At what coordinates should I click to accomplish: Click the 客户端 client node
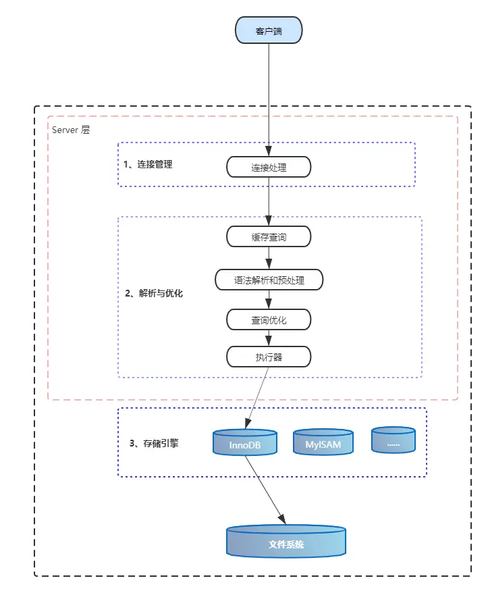pyautogui.click(x=269, y=31)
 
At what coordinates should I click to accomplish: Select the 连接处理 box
pyautogui.click(x=269, y=167)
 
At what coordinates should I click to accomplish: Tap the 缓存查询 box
pyautogui.click(x=269, y=236)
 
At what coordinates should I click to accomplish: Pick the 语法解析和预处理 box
pyautogui.click(x=269, y=280)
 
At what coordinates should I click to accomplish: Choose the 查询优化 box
pyautogui.click(x=269, y=319)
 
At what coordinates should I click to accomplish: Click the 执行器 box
pyautogui.click(x=269, y=357)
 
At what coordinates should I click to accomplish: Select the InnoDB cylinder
pyautogui.click(x=245, y=442)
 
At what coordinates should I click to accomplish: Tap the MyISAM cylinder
pyautogui.click(x=323, y=442)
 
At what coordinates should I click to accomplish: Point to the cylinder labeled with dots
pyautogui.click(x=393, y=440)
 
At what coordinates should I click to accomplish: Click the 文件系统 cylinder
pyautogui.click(x=286, y=542)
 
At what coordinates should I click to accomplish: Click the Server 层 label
pyautogui.click(x=71, y=130)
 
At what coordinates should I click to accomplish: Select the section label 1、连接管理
pyautogui.click(x=148, y=164)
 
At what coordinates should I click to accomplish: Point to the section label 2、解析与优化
pyautogui.click(x=154, y=294)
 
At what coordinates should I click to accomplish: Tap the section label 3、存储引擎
pyautogui.click(x=154, y=444)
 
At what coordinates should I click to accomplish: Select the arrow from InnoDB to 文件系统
pyautogui.click(x=265, y=490)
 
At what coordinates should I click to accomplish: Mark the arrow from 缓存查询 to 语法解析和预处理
pyautogui.click(x=269, y=258)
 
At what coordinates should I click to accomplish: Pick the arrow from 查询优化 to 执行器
pyautogui.click(x=269, y=338)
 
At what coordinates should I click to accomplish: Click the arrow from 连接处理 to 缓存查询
pyautogui.click(x=269, y=201)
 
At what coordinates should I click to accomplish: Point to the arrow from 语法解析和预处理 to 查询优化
pyautogui.click(x=269, y=299)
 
